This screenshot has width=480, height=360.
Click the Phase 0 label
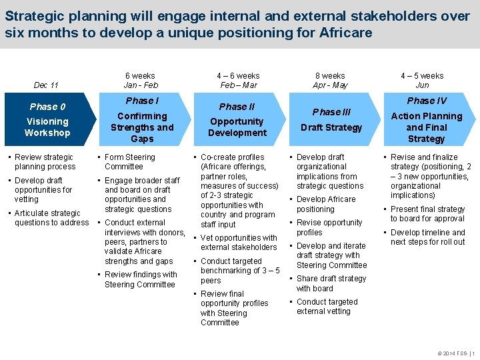47,107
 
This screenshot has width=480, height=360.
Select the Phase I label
142,101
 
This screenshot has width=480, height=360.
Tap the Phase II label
237,107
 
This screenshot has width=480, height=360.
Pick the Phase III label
331,112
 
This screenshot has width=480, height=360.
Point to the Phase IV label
427,101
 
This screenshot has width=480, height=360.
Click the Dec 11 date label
46,85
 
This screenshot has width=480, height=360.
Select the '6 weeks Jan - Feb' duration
141,81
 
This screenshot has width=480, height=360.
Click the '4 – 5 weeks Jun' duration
423,81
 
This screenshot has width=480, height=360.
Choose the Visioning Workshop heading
47,127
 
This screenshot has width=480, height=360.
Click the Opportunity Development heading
237,127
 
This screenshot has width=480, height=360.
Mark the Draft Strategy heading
331,127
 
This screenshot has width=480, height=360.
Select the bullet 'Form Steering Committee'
129,162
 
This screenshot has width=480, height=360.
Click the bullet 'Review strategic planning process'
45,162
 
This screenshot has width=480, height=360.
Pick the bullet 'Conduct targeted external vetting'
327,307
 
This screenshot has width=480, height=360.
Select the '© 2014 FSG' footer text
450,353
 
